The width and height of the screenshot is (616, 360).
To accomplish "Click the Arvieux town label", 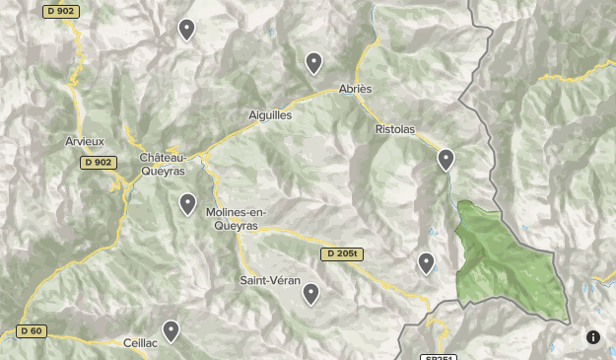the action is tap(85, 141).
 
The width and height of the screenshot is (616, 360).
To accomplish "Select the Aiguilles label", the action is tap(270, 115).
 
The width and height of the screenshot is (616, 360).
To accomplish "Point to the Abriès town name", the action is tap(355, 89).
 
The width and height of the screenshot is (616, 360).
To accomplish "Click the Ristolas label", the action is tap(395, 129).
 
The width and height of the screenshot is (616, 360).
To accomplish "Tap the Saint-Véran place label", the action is tap(270, 281).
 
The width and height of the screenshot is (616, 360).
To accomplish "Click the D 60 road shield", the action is tap(31, 331).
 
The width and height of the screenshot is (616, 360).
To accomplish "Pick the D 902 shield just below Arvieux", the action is tap(99, 163).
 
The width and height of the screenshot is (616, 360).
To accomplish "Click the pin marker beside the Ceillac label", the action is tap(171, 330).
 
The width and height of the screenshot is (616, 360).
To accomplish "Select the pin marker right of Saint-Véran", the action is tap(311, 293).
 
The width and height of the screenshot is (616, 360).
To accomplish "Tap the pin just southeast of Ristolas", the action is tap(445, 158).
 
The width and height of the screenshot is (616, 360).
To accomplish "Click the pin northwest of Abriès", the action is tap(313, 62).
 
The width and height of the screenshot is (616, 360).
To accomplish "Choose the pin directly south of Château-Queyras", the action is tap(187, 203).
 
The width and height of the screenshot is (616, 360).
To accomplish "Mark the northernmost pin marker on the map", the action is tap(186, 30).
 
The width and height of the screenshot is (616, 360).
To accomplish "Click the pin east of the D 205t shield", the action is tap(426, 262).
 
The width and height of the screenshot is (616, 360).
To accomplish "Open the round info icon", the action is tap(593, 337).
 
